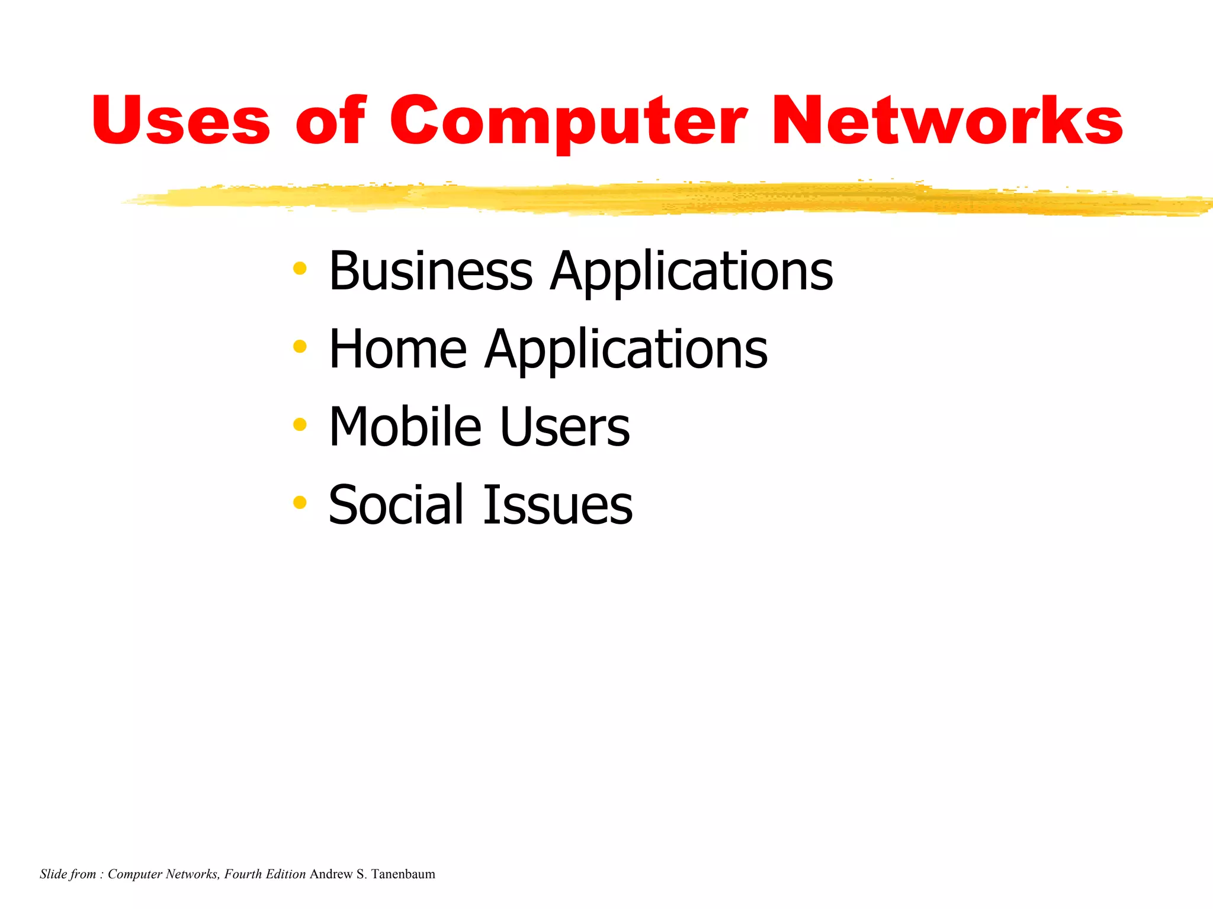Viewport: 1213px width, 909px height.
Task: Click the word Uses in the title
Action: coord(181,121)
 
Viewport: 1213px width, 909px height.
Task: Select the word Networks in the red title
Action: coord(946,121)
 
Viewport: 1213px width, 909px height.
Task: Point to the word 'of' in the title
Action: coord(330,121)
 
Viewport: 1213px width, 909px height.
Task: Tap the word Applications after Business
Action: coord(691,272)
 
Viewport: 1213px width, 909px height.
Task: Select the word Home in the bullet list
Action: coord(397,349)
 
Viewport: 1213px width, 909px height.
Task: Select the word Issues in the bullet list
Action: coord(557,505)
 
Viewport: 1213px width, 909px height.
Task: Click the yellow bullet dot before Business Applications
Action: coord(300,269)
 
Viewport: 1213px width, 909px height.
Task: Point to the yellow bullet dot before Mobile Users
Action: coord(300,424)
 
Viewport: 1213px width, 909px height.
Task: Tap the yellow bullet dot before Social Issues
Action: coord(300,502)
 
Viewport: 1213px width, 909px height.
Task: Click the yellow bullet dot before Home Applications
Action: coord(300,346)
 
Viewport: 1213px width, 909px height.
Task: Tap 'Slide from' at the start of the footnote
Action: coord(67,874)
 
